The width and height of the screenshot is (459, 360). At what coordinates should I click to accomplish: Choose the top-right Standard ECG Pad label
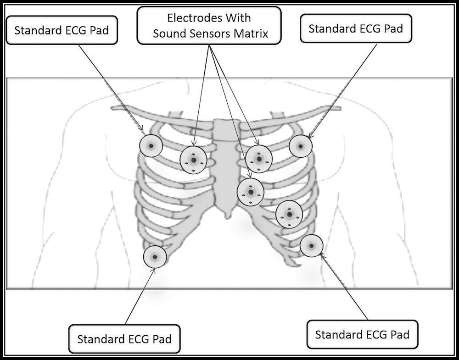coord(356,28)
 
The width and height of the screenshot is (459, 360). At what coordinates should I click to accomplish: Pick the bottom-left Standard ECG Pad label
coord(124,339)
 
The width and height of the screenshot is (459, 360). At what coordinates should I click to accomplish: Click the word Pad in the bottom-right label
coord(397,333)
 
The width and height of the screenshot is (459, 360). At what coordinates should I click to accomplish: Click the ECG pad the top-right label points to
coord(301,146)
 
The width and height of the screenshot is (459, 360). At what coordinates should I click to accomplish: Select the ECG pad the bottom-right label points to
coord(311,246)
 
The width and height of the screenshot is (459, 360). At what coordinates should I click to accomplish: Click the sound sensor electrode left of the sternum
coord(193,160)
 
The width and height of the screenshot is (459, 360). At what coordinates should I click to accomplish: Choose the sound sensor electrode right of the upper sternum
coord(259,159)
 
